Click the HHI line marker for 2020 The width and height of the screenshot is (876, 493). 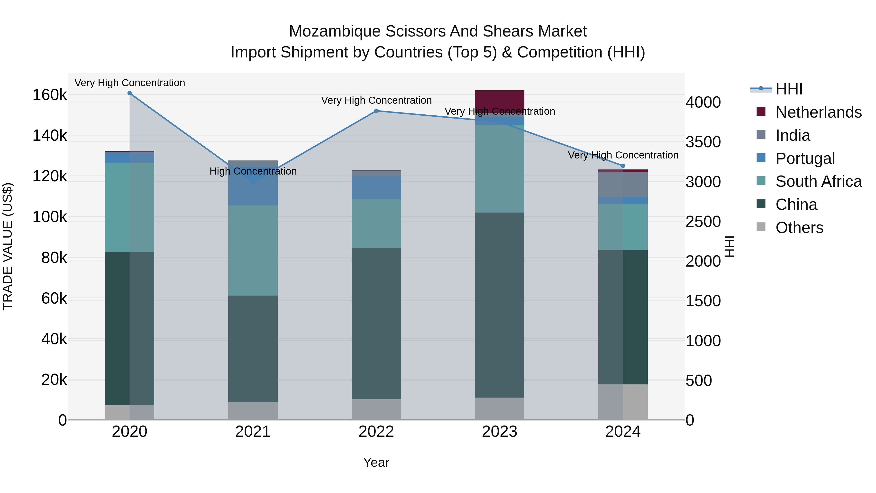pyautogui.click(x=129, y=93)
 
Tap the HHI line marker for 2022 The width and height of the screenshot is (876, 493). pyautogui.click(x=376, y=111)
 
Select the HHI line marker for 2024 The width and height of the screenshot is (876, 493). pyautogui.click(x=623, y=166)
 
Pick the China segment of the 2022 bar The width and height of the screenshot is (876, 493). pyautogui.click(x=376, y=323)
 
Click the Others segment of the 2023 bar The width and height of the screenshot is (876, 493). pyautogui.click(x=500, y=409)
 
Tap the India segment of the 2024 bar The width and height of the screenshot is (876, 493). pyautogui.click(x=623, y=184)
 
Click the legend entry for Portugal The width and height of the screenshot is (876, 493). pyautogui.click(x=805, y=158)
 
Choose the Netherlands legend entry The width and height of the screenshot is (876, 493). pyautogui.click(x=818, y=112)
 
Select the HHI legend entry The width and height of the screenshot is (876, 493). pyautogui.click(x=789, y=89)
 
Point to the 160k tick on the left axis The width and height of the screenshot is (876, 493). pyautogui.click(x=50, y=95)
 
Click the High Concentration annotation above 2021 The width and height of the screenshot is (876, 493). pyautogui.click(x=253, y=171)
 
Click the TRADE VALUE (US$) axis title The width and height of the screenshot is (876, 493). pyautogui.click(x=8, y=246)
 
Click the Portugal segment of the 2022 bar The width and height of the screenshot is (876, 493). pyautogui.click(x=376, y=188)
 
